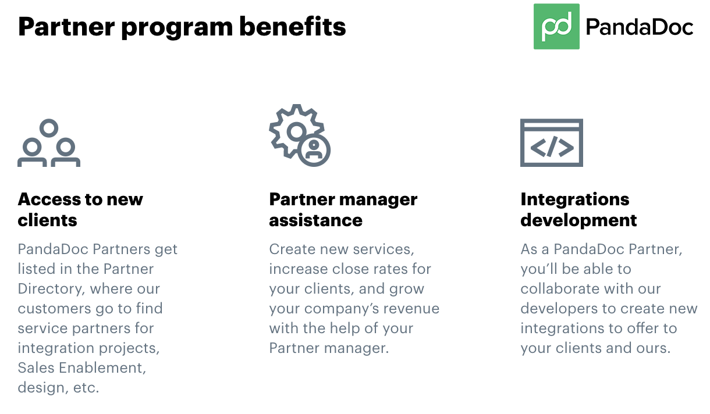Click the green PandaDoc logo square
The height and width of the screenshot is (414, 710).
[556, 26]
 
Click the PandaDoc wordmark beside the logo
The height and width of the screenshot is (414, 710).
[640, 27]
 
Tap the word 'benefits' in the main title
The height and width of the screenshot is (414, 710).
[292, 27]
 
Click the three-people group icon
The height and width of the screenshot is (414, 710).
[49, 143]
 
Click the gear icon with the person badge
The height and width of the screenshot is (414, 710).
[300, 135]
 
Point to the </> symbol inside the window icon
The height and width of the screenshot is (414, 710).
[552, 147]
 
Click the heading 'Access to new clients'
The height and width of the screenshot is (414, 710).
[80, 210]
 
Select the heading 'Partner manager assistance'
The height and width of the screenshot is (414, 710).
[343, 210]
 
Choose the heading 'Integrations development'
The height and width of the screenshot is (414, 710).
[578, 210]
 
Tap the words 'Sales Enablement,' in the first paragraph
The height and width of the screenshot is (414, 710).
[82, 368]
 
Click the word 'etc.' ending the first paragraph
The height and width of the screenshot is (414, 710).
[86, 388]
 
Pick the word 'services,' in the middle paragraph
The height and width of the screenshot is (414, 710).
[384, 249]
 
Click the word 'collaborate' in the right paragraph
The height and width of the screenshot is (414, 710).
[559, 289]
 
